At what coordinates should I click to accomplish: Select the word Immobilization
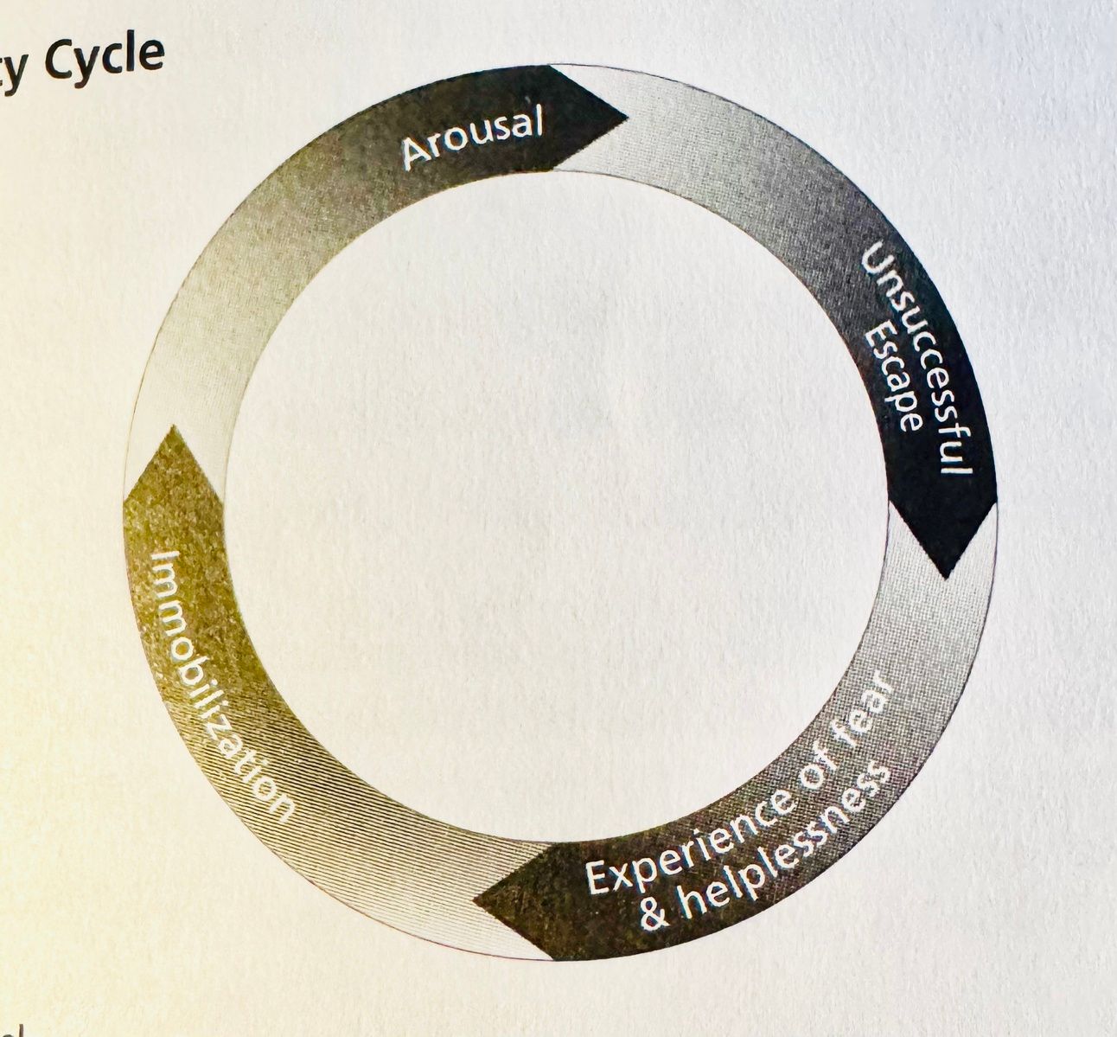220,683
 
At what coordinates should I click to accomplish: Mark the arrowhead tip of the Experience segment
475,901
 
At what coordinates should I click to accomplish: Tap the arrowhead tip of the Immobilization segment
172,426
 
